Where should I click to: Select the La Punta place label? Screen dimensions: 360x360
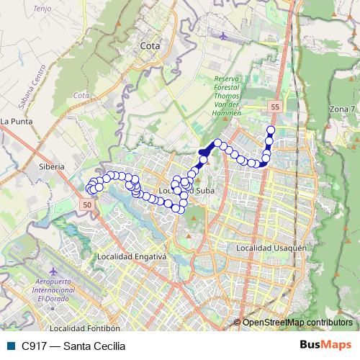[x=15, y=121]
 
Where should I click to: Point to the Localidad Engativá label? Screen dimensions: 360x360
[x=132, y=256]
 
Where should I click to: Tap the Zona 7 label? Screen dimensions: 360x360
[x=343, y=108]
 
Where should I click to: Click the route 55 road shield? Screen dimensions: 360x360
[x=274, y=107]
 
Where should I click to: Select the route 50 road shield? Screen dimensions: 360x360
[x=87, y=205]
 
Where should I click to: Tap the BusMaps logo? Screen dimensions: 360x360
[x=325, y=346]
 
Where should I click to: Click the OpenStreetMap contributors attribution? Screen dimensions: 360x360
[x=297, y=322]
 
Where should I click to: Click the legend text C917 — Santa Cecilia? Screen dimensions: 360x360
[x=73, y=346]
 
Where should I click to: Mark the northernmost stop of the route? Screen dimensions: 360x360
[x=271, y=130]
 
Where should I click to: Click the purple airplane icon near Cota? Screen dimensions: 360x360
[x=222, y=35]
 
